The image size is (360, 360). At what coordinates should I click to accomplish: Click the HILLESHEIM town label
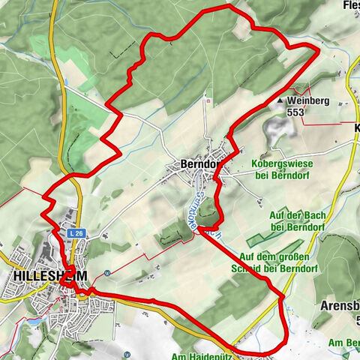pyautogui.click(x=45, y=276)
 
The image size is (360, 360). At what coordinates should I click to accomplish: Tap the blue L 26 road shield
pyautogui.click(x=74, y=234)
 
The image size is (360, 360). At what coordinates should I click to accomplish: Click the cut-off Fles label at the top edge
pyautogui.click(x=351, y=5)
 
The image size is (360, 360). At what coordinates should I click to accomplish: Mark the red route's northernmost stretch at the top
pyautogui.click(x=217, y=9)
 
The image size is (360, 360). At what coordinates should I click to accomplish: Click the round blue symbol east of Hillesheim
pyautogui.click(x=108, y=273)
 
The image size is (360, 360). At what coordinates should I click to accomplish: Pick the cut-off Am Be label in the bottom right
pyautogui.click(x=344, y=343)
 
